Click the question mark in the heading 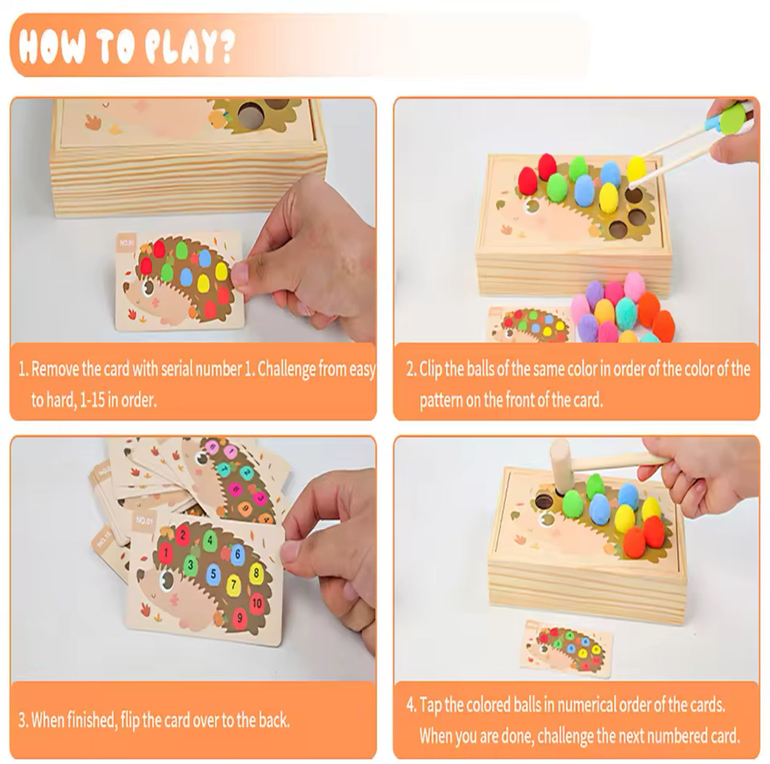coord(225,47)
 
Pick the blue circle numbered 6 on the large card coord(237,554)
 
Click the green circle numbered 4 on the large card coord(210,540)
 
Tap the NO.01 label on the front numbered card coord(143,521)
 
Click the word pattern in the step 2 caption coord(441,400)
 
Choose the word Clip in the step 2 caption coord(431,369)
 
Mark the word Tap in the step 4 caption coord(431,706)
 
